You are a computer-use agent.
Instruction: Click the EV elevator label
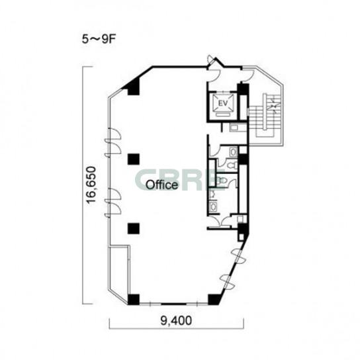[223, 103]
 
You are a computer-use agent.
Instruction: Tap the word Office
[162, 185]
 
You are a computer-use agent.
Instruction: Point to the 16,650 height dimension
[91, 185]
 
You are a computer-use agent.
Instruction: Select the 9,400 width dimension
[176, 320]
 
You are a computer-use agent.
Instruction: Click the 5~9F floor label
[99, 40]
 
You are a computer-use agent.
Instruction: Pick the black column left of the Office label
[134, 159]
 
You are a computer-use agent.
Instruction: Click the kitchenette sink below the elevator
[235, 128]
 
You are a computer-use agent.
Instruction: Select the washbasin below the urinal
[213, 206]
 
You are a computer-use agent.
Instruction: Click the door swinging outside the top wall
[211, 60]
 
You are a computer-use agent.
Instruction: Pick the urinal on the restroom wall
[212, 194]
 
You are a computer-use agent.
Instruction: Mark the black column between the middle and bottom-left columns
[134, 228]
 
